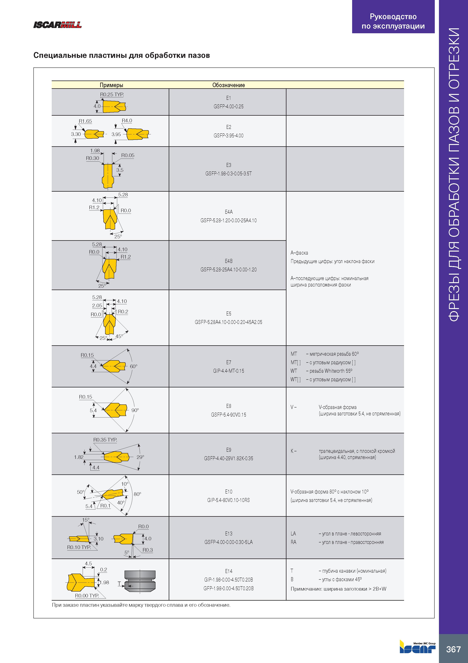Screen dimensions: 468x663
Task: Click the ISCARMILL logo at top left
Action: pos(57,25)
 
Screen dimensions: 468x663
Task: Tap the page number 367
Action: pos(453,649)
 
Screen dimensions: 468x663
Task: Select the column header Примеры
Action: pos(111,85)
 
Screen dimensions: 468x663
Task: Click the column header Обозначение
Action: pos(228,85)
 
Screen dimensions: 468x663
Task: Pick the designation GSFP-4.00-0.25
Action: pos(228,106)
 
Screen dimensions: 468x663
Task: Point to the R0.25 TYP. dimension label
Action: pos(112,94)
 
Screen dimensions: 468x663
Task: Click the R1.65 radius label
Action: pos(85,121)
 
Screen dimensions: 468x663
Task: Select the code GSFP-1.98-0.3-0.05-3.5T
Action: pos(228,173)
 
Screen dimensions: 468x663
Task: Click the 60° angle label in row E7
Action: pos(133,366)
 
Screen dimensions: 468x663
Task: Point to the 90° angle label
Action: pos(135,410)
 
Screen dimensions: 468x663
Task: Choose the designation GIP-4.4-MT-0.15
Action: pos(228,371)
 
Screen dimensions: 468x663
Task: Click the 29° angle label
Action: pos(140,457)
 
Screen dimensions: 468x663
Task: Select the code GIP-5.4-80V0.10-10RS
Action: pos(228,500)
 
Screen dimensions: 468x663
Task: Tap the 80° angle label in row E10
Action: pos(137,494)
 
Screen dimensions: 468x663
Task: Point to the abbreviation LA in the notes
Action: pos(293,533)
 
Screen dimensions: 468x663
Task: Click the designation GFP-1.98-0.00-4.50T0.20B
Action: pos(228,588)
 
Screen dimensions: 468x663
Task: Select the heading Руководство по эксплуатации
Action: pos(393,21)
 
